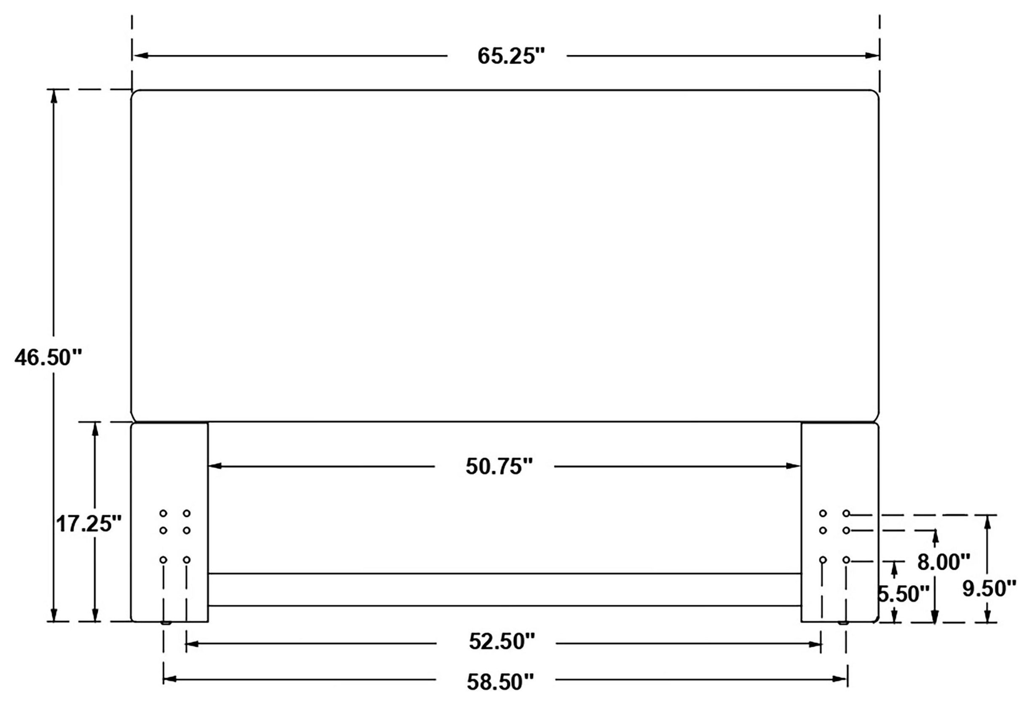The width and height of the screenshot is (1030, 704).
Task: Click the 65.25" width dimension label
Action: pyautogui.click(x=510, y=57)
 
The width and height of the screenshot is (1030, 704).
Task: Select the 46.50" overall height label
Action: pyautogui.click(x=48, y=358)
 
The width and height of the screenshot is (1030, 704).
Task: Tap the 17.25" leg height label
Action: pyautogui.click(x=89, y=524)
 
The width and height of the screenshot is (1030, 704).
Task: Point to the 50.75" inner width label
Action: pyautogui.click(x=499, y=467)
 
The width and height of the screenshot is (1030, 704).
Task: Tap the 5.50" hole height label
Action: pyautogui.click(x=904, y=594)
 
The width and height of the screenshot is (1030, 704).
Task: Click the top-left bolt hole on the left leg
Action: pyautogui.click(x=163, y=513)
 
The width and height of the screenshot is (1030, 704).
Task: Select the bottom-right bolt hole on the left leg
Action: pyautogui.click(x=187, y=560)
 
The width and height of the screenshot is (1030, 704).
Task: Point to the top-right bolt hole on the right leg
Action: pyautogui.click(x=846, y=513)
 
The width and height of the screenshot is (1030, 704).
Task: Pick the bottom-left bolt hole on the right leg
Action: pyautogui.click(x=823, y=560)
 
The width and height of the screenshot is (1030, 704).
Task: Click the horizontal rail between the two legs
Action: pyautogui.click(x=504, y=590)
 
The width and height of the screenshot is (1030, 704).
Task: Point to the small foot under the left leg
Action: pyautogui.click(x=166, y=623)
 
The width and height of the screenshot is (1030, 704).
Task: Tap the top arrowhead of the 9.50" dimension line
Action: pyautogui.click(x=987, y=522)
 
